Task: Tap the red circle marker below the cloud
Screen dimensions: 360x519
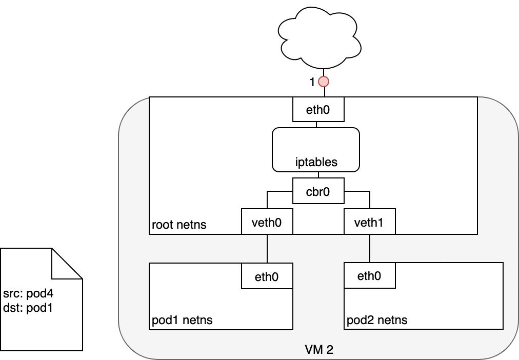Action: (324, 82)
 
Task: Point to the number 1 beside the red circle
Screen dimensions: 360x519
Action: (312, 82)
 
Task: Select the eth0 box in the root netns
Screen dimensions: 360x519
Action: (318, 109)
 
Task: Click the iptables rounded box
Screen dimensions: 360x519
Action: (315, 150)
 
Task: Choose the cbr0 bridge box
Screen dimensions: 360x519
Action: (318, 191)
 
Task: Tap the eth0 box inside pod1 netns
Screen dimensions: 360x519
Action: (267, 276)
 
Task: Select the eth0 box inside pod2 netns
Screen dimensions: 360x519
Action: (369, 276)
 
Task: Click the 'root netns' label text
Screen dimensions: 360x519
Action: (179, 225)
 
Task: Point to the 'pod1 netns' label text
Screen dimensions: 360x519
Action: (182, 321)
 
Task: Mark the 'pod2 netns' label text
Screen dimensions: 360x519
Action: (377, 321)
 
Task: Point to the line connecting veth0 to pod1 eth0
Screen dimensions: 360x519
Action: (267, 249)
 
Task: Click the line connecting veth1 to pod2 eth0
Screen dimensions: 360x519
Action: (369, 249)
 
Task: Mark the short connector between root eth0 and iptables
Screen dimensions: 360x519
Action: (316, 125)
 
